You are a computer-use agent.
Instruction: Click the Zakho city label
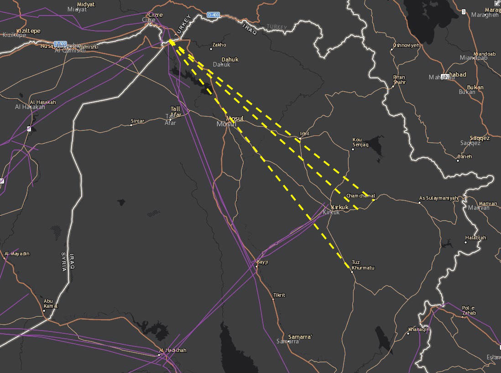click(x=219, y=45)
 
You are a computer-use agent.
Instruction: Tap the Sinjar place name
click(x=137, y=121)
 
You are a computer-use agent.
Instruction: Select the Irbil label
click(x=304, y=134)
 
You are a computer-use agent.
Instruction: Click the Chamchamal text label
click(x=360, y=196)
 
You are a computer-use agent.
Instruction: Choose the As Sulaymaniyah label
click(x=438, y=198)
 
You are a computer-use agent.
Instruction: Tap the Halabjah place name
click(x=475, y=238)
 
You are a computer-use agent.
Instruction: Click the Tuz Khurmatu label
click(x=363, y=265)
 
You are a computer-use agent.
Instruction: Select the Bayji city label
click(x=262, y=262)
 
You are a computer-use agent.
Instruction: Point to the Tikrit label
click(x=279, y=295)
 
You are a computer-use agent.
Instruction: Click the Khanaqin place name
click(x=419, y=329)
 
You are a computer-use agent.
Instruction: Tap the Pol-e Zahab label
click(x=469, y=310)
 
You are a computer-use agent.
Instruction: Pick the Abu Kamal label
click(x=51, y=303)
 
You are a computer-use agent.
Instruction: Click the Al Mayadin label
click(x=17, y=254)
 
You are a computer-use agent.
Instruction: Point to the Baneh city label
click(x=465, y=156)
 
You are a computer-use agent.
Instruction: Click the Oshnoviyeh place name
click(x=406, y=45)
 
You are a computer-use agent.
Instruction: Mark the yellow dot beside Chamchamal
click(x=373, y=200)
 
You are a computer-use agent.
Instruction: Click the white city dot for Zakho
click(x=211, y=48)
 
